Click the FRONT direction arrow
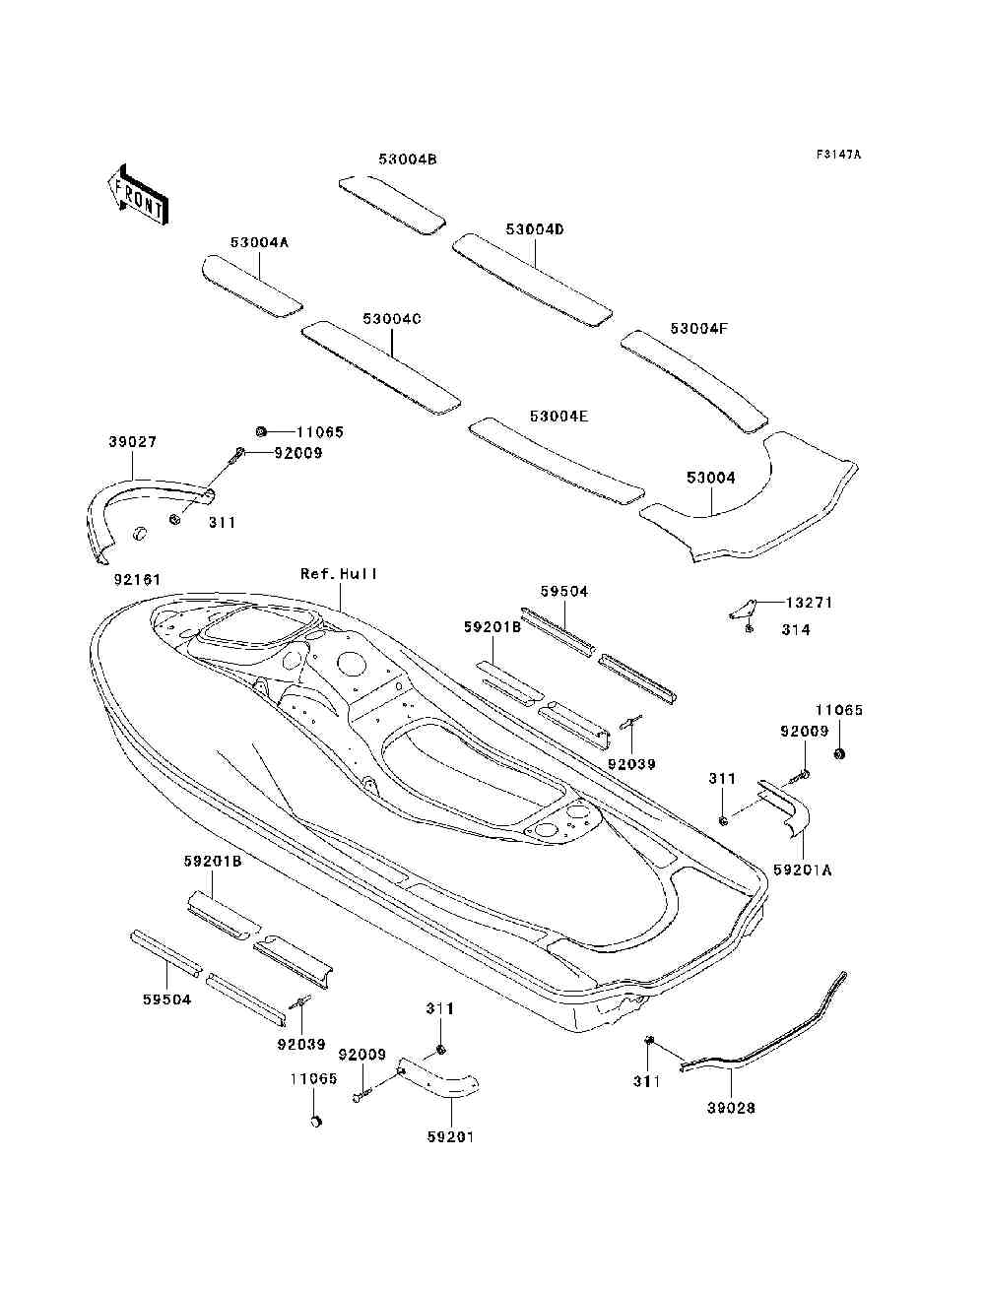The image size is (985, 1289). pyautogui.click(x=139, y=194)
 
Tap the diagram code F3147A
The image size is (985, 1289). pyautogui.click(x=838, y=155)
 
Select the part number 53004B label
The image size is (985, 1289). pyautogui.click(x=408, y=160)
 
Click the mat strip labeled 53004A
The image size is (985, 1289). pyautogui.click(x=252, y=287)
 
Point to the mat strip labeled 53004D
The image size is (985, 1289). pyautogui.click(x=532, y=280)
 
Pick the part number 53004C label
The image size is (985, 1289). pyautogui.click(x=392, y=319)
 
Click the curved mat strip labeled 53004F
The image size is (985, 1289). pyautogui.click(x=694, y=382)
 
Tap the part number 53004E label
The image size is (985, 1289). pyautogui.click(x=559, y=416)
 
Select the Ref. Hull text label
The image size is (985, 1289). pyautogui.click(x=339, y=574)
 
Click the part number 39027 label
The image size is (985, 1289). pyautogui.click(x=133, y=441)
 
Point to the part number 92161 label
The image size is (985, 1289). pyautogui.click(x=138, y=580)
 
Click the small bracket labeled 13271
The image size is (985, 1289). pyautogui.click(x=743, y=609)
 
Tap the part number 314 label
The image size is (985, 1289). pyautogui.click(x=796, y=629)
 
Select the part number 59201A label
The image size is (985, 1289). pyautogui.click(x=803, y=870)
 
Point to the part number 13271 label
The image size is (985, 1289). pyautogui.click(x=810, y=603)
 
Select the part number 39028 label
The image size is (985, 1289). pyautogui.click(x=731, y=1108)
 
